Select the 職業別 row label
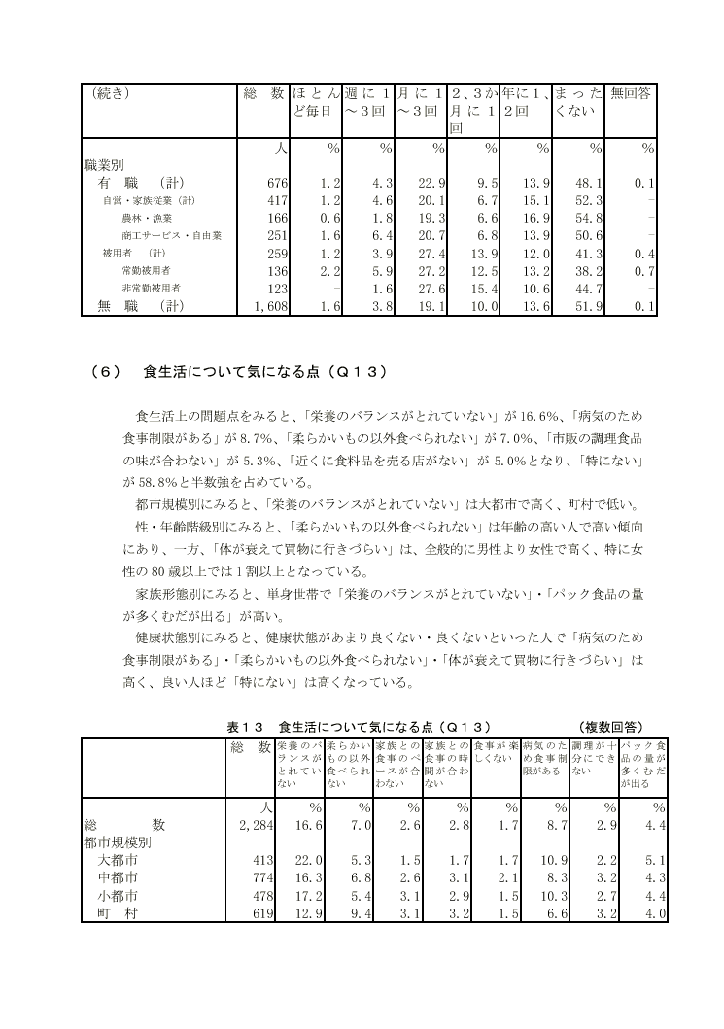pyautogui.click(x=106, y=165)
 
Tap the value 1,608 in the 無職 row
pyautogui.click(x=264, y=306)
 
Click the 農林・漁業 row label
pyautogui.click(x=147, y=218)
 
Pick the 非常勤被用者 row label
pyautogui.click(x=153, y=289)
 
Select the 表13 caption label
pyautogui.click(x=246, y=726)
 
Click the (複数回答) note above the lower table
pyautogui.click(x=609, y=726)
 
